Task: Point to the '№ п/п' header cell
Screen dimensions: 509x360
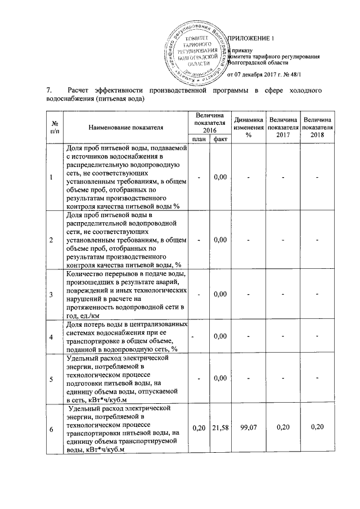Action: pos(55,127)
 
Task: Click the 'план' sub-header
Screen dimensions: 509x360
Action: pos(199,139)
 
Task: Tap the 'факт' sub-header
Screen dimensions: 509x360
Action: pos(220,139)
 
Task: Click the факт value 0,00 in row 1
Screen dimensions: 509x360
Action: pos(220,178)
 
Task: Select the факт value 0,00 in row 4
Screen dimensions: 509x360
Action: pos(220,336)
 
